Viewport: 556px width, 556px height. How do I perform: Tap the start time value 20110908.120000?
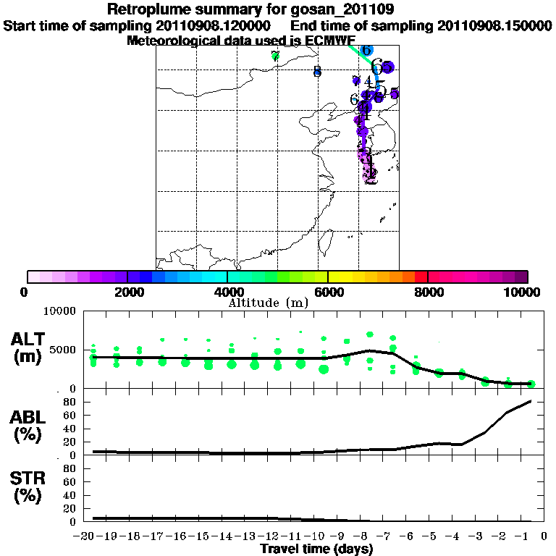pyautogui.click(x=214, y=25)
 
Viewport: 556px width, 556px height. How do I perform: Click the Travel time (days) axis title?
pyautogui.click(x=316, y=549)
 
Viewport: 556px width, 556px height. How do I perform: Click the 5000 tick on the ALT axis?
pyautogui.click(x=64, y=350)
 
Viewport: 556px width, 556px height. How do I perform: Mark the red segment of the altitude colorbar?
pyautogui.click(x=421, y=277)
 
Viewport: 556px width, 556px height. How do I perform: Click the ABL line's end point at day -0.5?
pyautogui.click(x=531, y=401)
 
